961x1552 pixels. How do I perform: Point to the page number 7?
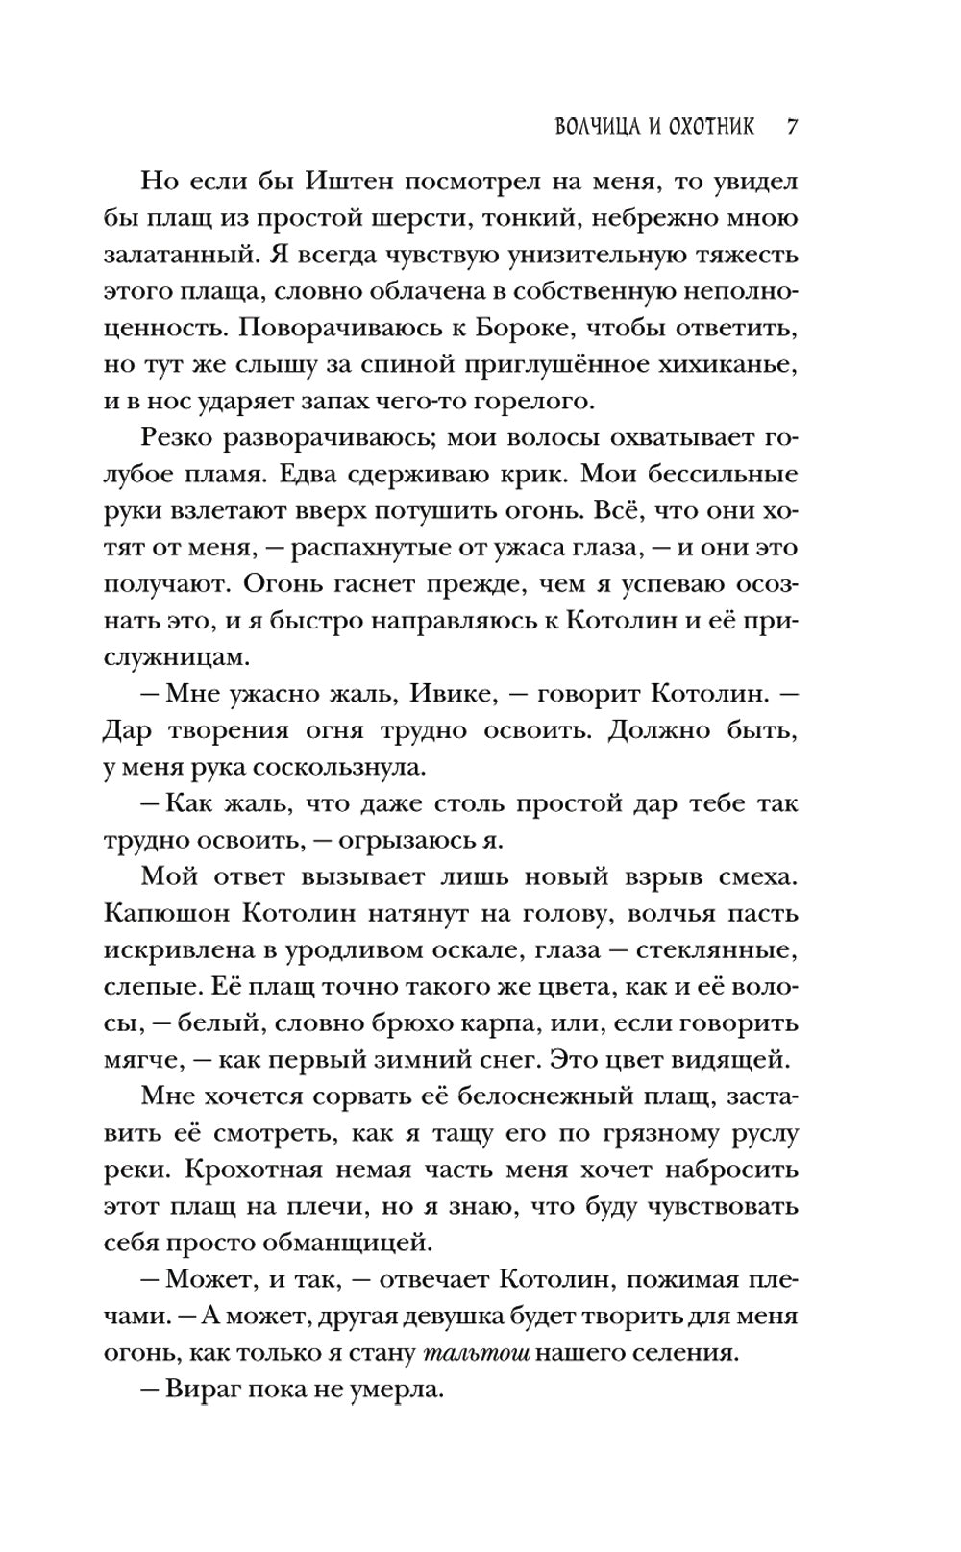(793, 126)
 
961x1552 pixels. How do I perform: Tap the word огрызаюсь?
(402, 839)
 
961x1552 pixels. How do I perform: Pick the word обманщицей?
(343, 1241)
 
